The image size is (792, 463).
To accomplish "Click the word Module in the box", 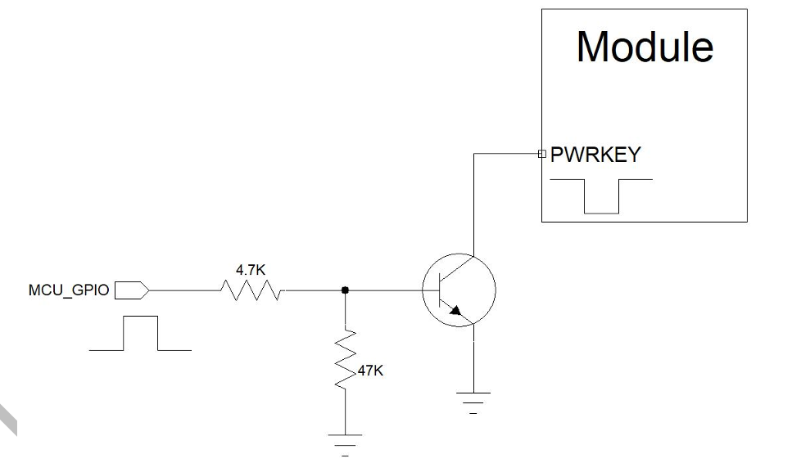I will pos(645,47).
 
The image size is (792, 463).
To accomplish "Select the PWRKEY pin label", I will pos(595,155).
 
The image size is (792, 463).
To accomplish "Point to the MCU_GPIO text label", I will pos(69,290).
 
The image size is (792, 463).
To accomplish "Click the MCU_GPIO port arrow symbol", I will pos(131,290).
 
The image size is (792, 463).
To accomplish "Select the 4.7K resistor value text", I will pos(251,269).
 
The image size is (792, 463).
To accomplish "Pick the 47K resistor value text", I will pos(370,371).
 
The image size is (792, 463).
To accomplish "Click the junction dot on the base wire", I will pos(345,290).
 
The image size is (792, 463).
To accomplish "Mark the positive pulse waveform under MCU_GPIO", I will pos(140,333).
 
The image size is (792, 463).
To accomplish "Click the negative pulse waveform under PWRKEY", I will pos(602,196).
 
